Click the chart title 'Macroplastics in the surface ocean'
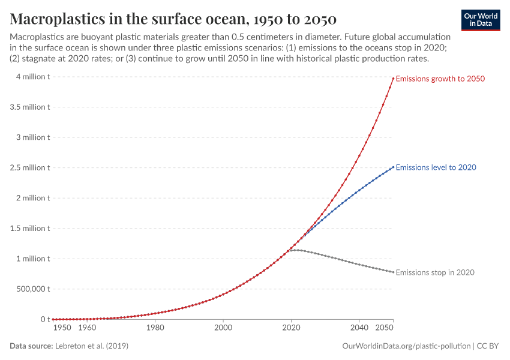(x=173, y=18)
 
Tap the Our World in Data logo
(x=480, y=20)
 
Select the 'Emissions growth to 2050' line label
(x=440, y=79)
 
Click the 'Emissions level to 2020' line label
(x=436, y=167)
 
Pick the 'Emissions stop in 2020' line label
(x=435, y=272)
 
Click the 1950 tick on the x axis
(x=62, y=328)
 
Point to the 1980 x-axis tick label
(x=155, y=328)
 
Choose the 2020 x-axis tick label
(x=291, y=328)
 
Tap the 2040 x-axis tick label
(x=359, y=328)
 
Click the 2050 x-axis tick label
(x=385, y=328)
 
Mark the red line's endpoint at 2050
(x=393, y=78)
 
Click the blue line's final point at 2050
(x=393, y=167)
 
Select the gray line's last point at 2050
(x=393, y=272)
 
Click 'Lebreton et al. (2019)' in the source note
(x=91, y=346)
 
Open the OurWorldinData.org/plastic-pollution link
(x=406, y=346)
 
